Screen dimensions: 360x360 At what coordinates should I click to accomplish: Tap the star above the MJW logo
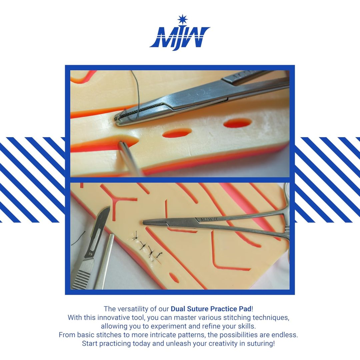(183, 19)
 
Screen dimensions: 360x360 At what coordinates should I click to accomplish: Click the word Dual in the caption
(178, 309)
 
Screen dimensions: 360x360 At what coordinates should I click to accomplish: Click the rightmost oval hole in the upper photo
(238, 123)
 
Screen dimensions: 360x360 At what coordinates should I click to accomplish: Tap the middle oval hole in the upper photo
(177, 133)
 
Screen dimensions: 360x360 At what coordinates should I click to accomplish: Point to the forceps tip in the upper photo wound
(122, 144)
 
